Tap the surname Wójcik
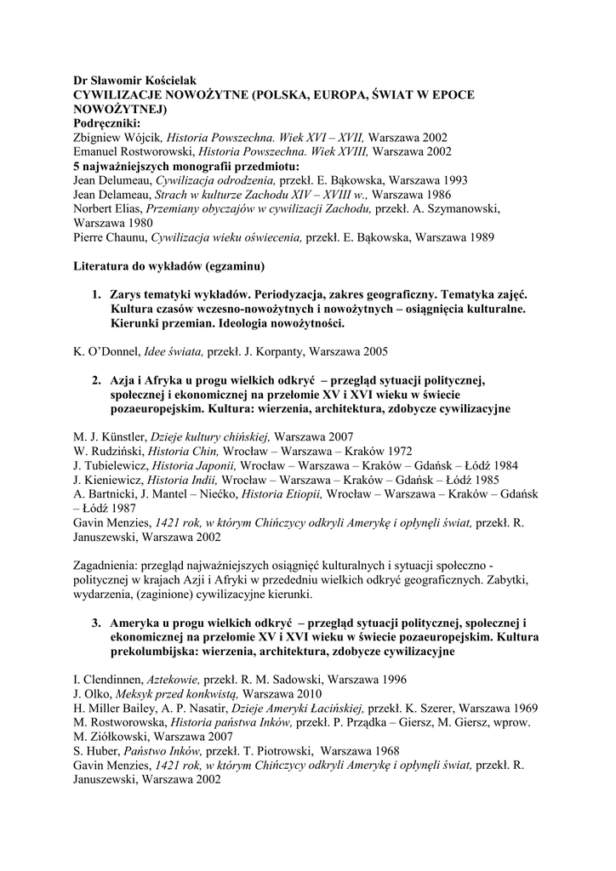coord(140,138)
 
